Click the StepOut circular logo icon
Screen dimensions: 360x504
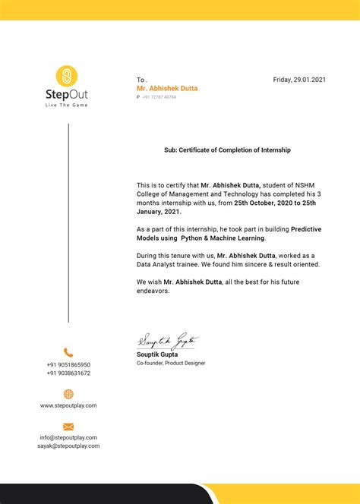point(67,76)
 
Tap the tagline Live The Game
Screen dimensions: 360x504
point(68,105)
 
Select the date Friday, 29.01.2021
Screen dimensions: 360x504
point(299,80)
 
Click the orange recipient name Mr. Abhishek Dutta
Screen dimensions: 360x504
point(167,88)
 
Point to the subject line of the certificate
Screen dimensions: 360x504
point(227,150)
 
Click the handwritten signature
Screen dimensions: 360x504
point(168,341)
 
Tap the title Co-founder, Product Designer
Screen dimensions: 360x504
point(171,363)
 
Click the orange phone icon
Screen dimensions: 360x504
point(68,352)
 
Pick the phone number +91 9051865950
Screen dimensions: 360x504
point(68,365)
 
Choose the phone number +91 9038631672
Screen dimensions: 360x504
point(68,373)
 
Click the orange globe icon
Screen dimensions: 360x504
point(68,394)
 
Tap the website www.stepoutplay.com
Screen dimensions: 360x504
point(68,405)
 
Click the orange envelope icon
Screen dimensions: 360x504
point(68,427)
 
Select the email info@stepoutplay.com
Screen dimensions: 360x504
point(68,437)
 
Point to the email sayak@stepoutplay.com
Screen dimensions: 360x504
point(68,446)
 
